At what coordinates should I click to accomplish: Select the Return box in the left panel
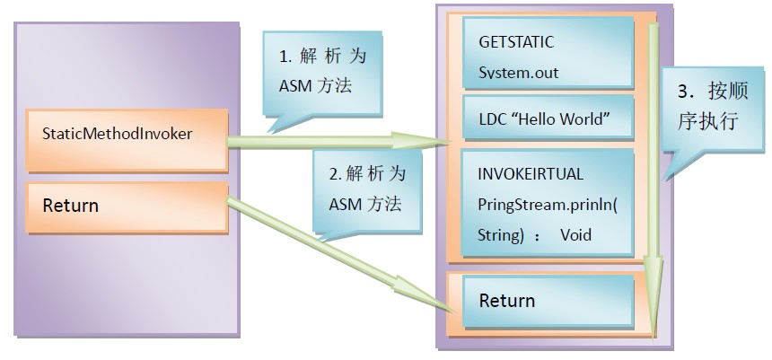[126, 206]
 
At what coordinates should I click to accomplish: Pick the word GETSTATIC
[517, 42]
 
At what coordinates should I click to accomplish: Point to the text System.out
[519, 73]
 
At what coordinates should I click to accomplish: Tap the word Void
[575, 235]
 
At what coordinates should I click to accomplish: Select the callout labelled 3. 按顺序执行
[709, 108]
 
